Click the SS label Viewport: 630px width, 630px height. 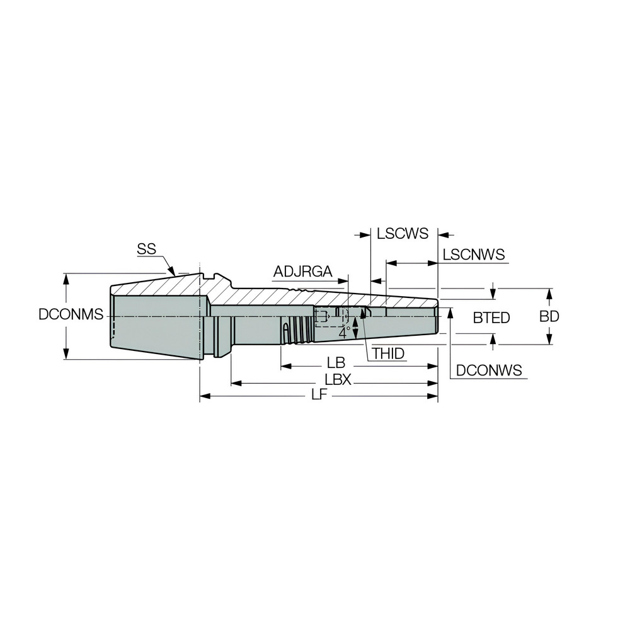click(x=146, y=249)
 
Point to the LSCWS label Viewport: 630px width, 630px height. click(x=403, y=234)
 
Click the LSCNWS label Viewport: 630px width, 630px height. click(x=474, y=255)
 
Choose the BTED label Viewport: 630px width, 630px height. click(x=491, y=318)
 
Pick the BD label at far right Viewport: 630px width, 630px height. click(x=549, y=316)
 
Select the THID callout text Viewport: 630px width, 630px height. click(x=387, y=354)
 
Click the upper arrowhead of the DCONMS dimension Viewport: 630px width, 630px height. click(x=66, y=278)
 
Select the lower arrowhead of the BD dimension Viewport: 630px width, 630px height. click(x=549, y=340)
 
